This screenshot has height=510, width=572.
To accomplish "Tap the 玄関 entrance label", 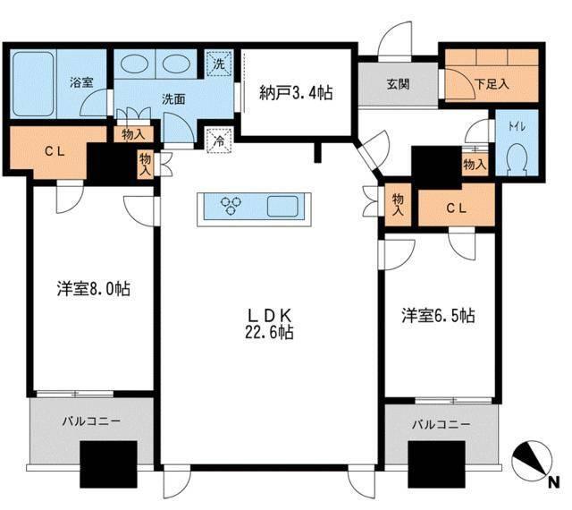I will click(398, 86).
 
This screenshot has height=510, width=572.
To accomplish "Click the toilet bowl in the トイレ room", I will click(515, 162).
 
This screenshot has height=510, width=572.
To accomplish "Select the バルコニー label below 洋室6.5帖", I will click(440, 424).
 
